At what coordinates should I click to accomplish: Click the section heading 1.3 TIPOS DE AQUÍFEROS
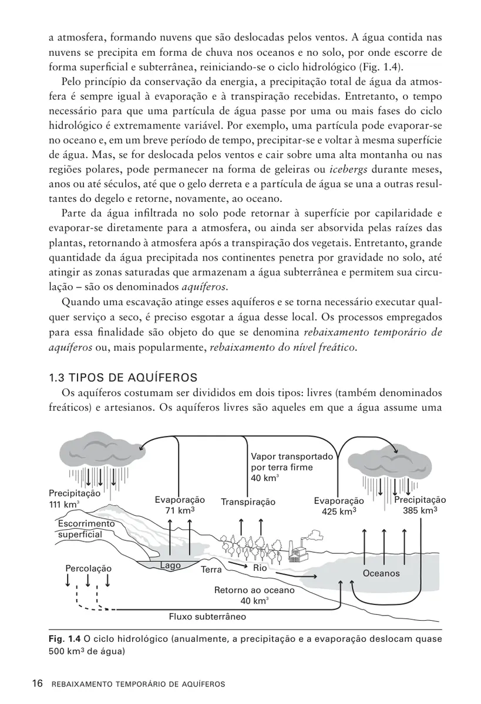pos(123,376)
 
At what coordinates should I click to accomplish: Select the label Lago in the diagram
pos(170,566)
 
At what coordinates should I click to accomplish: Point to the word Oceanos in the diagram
pos(381,573)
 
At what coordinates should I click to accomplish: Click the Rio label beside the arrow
pos(260,568)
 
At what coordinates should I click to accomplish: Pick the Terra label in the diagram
pos(211,570)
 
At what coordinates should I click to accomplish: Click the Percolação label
pos(88,568)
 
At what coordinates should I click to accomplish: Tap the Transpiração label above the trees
pos(248,502)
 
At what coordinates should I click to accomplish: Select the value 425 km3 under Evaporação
pos(339,511)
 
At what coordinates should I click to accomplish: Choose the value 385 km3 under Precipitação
pos(419,510)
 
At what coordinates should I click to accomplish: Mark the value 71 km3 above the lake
pos(180,510)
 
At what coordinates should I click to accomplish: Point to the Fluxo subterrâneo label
pos(207,617)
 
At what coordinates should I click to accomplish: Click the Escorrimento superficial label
pos(86,529)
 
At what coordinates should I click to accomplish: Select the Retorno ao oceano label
pos(254,591)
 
